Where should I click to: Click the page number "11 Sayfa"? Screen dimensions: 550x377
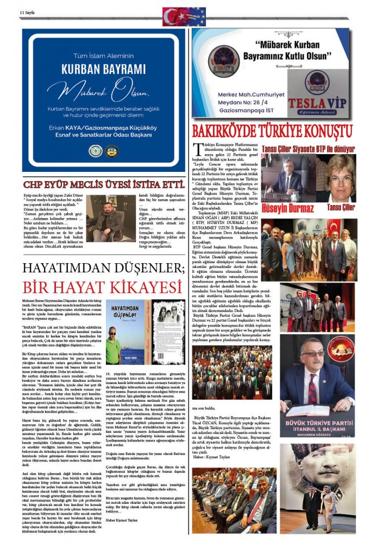coord(27,12)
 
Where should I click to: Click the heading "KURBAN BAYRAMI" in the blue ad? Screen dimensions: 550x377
coord(103,69)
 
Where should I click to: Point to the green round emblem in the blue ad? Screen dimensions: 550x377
coord(95,151)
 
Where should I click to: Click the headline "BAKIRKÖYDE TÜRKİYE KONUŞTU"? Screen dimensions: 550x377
coord(273,131)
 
